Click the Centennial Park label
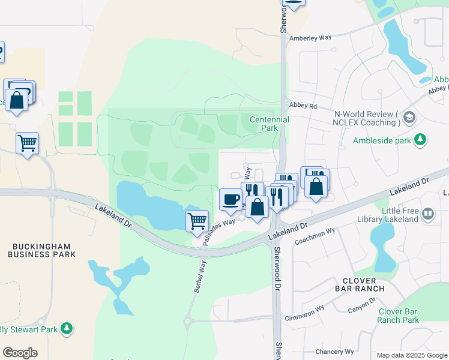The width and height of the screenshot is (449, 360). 270,124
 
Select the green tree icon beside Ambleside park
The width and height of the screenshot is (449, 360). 421,140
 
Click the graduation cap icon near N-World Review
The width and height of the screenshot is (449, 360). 410,116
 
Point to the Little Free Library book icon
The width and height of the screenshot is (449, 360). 427,213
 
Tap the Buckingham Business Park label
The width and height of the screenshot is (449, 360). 41,250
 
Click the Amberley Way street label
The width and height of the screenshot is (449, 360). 310,38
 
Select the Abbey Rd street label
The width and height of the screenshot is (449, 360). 303,104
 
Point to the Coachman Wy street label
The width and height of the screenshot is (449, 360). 315,236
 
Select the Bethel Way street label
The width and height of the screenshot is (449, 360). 199,276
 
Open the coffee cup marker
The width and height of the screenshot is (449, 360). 230,200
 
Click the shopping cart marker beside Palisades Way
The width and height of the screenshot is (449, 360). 197,221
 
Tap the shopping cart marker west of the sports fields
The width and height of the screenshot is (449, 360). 27,143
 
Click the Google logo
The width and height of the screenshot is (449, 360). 20,353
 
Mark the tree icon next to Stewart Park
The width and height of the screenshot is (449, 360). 68,328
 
